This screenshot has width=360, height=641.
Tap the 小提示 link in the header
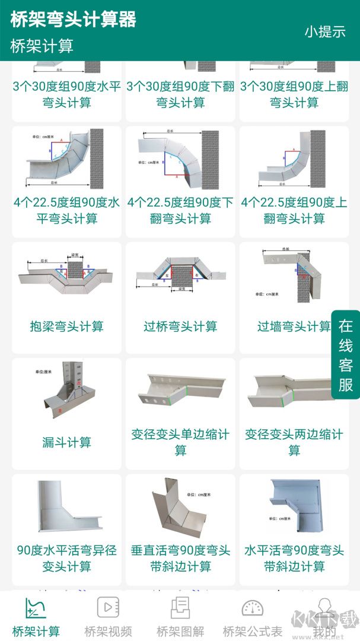[x=325, y=31]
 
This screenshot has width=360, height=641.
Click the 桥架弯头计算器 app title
[x=74, y=19]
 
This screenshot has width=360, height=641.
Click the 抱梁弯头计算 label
[x=66, y=326]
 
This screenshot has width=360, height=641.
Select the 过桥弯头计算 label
[x=180, y=326]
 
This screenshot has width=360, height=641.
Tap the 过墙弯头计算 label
[x=293, y=326]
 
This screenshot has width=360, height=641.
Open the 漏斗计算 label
[x=66, y=442]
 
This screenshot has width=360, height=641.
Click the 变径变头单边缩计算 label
[x=180, y=442]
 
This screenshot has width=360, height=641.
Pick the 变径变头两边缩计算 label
[x=294, y=442]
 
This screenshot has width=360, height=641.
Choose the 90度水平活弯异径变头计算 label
[x=66, y=558]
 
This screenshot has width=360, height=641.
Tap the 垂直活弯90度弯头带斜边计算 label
[x=180, y=558]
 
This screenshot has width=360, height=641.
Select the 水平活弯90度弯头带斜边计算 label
[x=294, y=558]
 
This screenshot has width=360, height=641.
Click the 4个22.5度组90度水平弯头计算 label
[x=66, y=210]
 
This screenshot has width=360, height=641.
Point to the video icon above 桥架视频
[x=108, y=607]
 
